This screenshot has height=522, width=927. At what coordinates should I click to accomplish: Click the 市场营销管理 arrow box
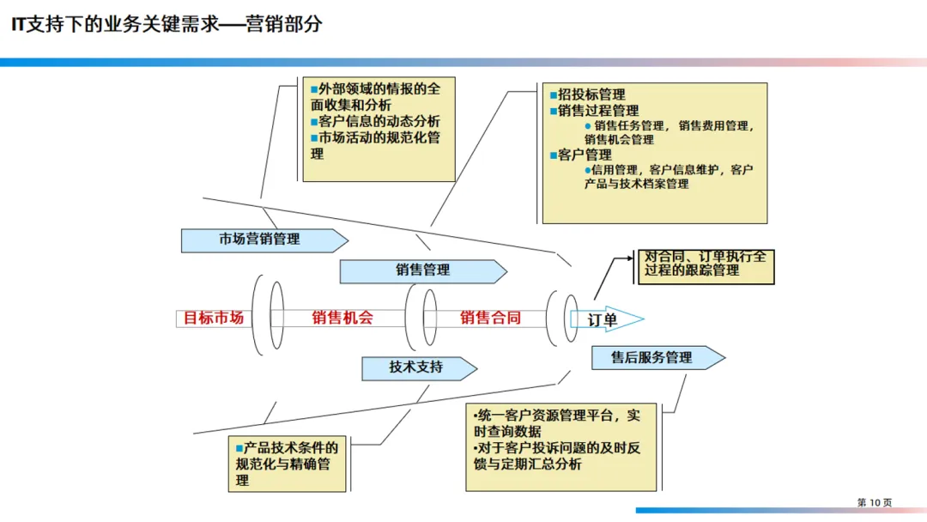(x=259, y=240)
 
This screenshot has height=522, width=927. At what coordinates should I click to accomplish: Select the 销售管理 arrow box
(x=422, y=270)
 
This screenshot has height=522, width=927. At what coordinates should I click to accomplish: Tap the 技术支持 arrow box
(x=417, y=367)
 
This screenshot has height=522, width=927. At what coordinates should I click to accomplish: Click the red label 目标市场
(x=214, y=318)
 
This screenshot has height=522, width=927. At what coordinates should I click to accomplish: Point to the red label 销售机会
(x=342, y=318)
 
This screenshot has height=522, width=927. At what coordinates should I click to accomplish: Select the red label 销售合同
(x=490, y=318)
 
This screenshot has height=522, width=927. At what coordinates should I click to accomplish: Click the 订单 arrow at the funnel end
(x=604, y=320)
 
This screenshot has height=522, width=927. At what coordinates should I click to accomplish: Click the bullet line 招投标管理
(x=591, y=94)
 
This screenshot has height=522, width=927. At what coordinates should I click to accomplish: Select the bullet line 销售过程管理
(x=598, y=111)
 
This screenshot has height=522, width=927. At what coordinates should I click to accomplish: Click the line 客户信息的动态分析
(x=379, y=122)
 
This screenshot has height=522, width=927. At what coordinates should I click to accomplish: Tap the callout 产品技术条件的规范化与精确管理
(x=287, y=464)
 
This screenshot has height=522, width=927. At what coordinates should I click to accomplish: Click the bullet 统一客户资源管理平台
(x=548, y=416)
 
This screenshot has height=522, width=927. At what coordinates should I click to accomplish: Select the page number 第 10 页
(x=875, y=502)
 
